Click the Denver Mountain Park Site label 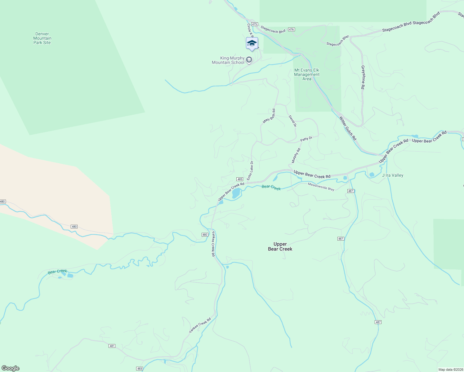pyautogui.click(x=42, y=38)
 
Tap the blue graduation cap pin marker pyautogui.click(x=252, y=44)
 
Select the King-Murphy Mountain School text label pyautogui.click(x=228, y=60)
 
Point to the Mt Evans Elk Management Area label pyautogui.click(x=307, y=74)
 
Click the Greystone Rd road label pyautogui.click(x=363, y=77)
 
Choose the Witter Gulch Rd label pyautogui.click(x=347, y=128)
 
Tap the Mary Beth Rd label pyautogui.click(x=269, y=116)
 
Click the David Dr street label pyautogui.click(x=292, y=121)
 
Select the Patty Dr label pyautogui.click(x=306, y=139)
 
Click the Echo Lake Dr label pyautogui.click(x=250, y=170)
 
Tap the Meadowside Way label pyautogui.click(x=321, y=187)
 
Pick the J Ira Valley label pyautogui.click(x=393, y=175)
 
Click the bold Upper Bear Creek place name pyautogui.click(x=280, y=246)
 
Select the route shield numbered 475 pyautogui.click(x=255, y=24)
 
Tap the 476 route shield pyautogui.click(x=291, y=29)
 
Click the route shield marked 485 pyautogui.click(x=239, y=179)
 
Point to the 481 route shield pyautogui.click(x=112, y=346)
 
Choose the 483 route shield pyautogui.click(x=139, y=369)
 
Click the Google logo pyautogui.click(x=11, y=368)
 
